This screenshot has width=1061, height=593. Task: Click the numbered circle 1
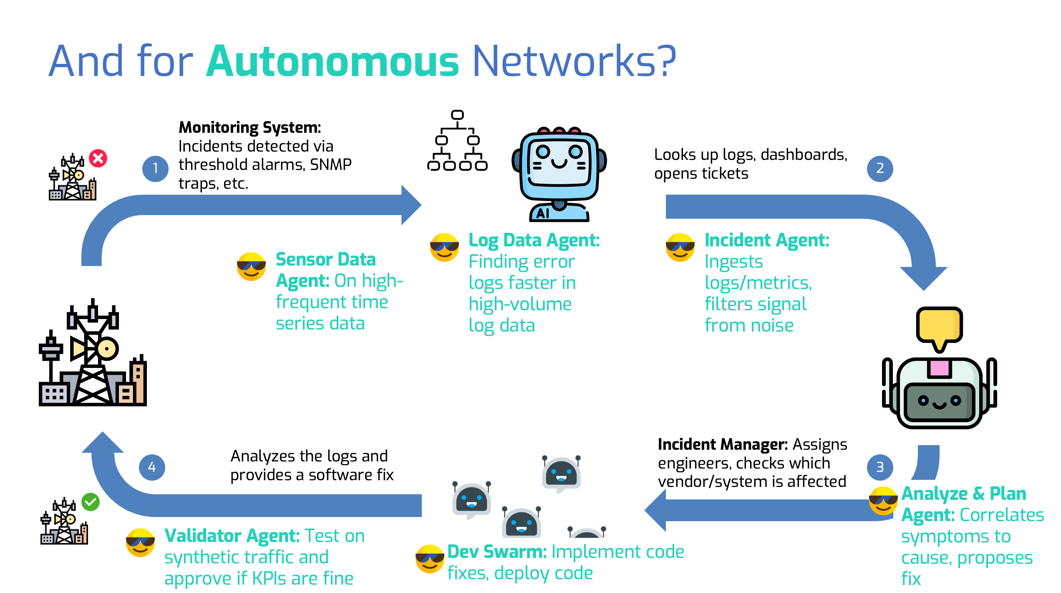(155, 169)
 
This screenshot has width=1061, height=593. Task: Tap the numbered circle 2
(880, 169)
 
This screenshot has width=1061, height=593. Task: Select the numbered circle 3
(880, 467)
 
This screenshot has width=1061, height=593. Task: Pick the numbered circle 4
(152, 467)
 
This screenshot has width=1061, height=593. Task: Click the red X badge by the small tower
(98, 158)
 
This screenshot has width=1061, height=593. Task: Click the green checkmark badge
(91, 502)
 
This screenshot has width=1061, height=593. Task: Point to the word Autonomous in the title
(333, 61)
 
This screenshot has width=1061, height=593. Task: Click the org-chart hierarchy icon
(457, 141)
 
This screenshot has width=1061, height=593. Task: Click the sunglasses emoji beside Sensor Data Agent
(251, 266)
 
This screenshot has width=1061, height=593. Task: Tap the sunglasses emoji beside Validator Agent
(141, 542)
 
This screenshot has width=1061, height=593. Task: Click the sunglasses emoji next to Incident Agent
(680, 247)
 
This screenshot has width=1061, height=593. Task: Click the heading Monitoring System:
(250, 127)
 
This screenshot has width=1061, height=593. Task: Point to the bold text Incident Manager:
(723, 445)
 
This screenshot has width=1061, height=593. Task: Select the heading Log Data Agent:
(534, 241)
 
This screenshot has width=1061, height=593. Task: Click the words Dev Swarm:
(497, 552)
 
